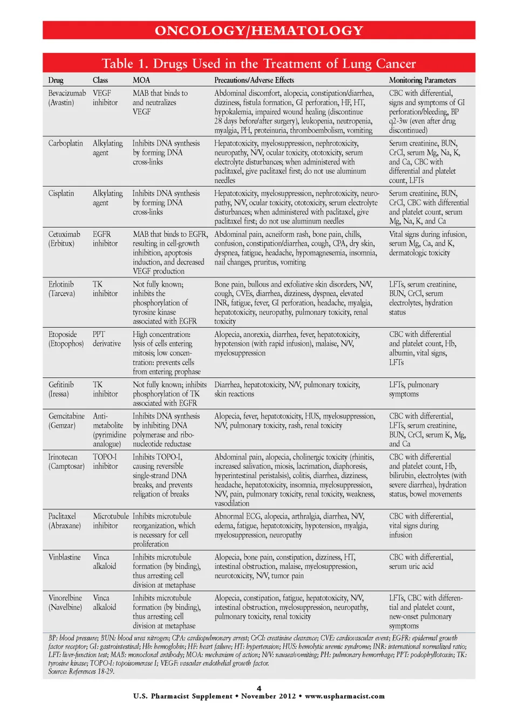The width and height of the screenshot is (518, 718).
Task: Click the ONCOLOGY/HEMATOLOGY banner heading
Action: (259, 31)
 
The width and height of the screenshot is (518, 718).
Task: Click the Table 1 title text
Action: (258, 64)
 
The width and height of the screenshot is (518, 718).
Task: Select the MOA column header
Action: (141, 80)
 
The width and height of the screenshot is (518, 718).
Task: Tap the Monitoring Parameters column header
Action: (422, 80)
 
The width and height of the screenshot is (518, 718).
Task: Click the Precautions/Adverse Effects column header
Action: (254, 80)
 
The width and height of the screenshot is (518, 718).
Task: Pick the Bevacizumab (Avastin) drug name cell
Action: (67, 98)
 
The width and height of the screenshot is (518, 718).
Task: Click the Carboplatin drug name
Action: (65, 143)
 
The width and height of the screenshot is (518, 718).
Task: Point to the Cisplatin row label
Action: (61, 194)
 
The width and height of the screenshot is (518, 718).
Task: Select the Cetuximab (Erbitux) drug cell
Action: (64, 239)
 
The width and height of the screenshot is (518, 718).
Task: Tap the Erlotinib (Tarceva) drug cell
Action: (62, 289)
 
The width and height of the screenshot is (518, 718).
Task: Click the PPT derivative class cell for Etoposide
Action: (106, 339)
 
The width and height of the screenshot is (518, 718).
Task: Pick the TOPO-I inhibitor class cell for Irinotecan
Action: (105, 462)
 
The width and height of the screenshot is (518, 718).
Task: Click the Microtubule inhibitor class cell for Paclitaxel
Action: (110, 521)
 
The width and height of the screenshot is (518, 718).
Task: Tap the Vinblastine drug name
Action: (64, 557)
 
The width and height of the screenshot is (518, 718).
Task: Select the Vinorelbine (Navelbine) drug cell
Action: (65, 603)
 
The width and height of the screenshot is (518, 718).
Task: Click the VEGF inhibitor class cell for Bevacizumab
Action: (105, 98)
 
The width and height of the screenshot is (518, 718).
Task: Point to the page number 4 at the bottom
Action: (259, 688)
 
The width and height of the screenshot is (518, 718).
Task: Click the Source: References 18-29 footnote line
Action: (81, 672)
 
